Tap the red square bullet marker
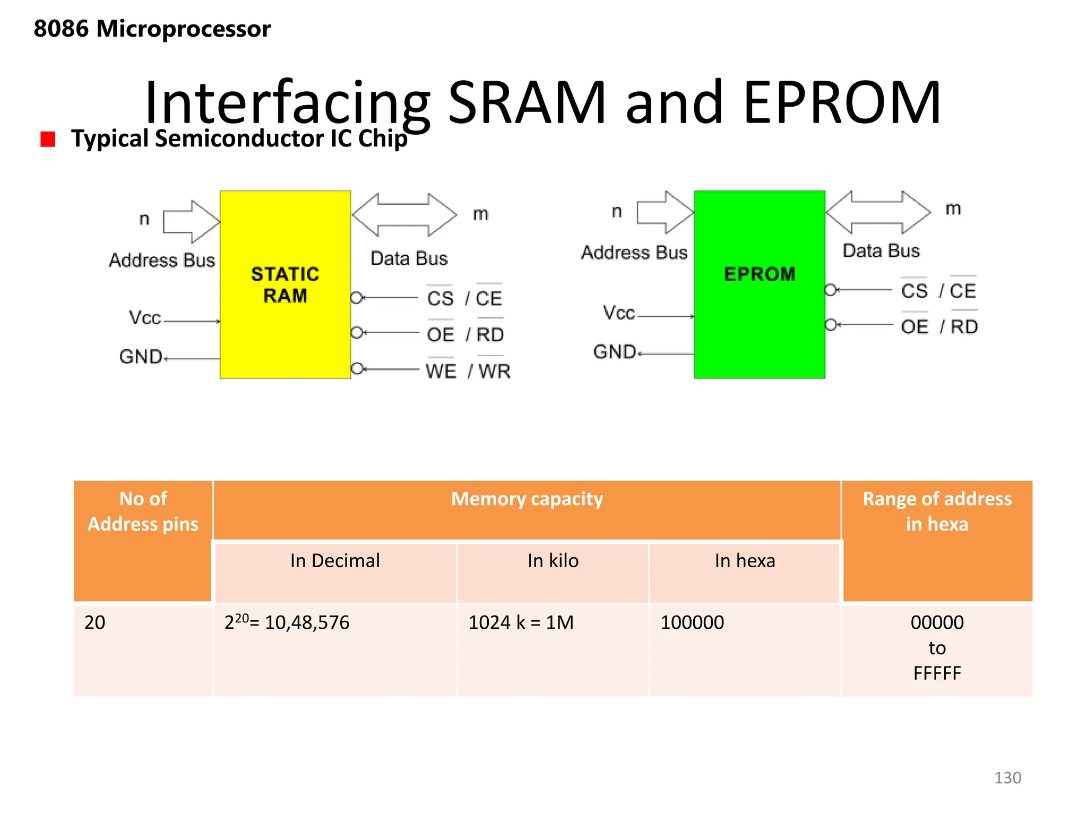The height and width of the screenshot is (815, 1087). [x=48, y=139]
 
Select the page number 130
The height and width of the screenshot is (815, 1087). [x=1007, y=778]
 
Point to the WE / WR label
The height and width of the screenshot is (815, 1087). [x=468, y=371]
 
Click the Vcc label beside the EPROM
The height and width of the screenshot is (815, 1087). [x=618, y=313]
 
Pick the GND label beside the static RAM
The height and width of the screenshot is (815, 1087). [x=141, y=357]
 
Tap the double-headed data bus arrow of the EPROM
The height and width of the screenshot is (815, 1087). [x=878, y=212]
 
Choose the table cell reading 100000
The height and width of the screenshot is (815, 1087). [x=692, y=622]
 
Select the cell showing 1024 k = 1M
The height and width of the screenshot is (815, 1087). [x=521, y=622]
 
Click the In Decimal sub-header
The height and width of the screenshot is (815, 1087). [x=335, y=561]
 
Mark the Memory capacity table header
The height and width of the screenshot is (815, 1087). [x=527, y=499]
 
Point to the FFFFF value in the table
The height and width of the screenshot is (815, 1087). [x=937, y=673]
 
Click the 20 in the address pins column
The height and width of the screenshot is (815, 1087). [x=95, y=622]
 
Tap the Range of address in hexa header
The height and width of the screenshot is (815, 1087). [x=937, y=511]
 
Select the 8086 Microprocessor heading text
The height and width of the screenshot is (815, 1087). [x=152, y=29]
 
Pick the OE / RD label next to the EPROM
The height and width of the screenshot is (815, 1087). [x=939, y=327]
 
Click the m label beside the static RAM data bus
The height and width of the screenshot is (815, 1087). [x=480, y=214]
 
